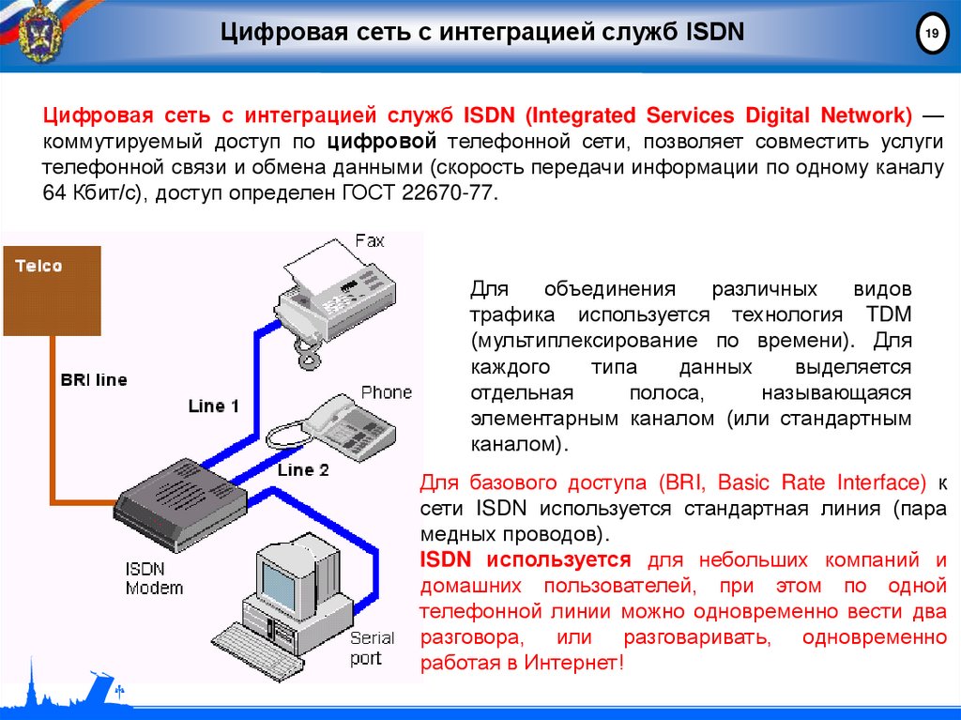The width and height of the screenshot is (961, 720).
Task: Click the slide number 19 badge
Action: (x=931, y=35)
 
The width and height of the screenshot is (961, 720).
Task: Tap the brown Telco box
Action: (x=52, y=290)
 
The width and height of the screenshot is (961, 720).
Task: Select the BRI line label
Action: (x=93, y=380)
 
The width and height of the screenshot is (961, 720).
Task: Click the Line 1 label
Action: (x=213, y=406)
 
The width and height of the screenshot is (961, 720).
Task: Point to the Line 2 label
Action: (x=303, y=470)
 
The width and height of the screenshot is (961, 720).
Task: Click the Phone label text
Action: (x=386, y=391)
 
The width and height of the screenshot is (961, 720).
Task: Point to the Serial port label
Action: (x=372, y=648)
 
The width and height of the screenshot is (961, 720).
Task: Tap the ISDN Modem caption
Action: (x=155, y=578)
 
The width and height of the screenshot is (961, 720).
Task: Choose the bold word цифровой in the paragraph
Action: (x=383, y=142)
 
